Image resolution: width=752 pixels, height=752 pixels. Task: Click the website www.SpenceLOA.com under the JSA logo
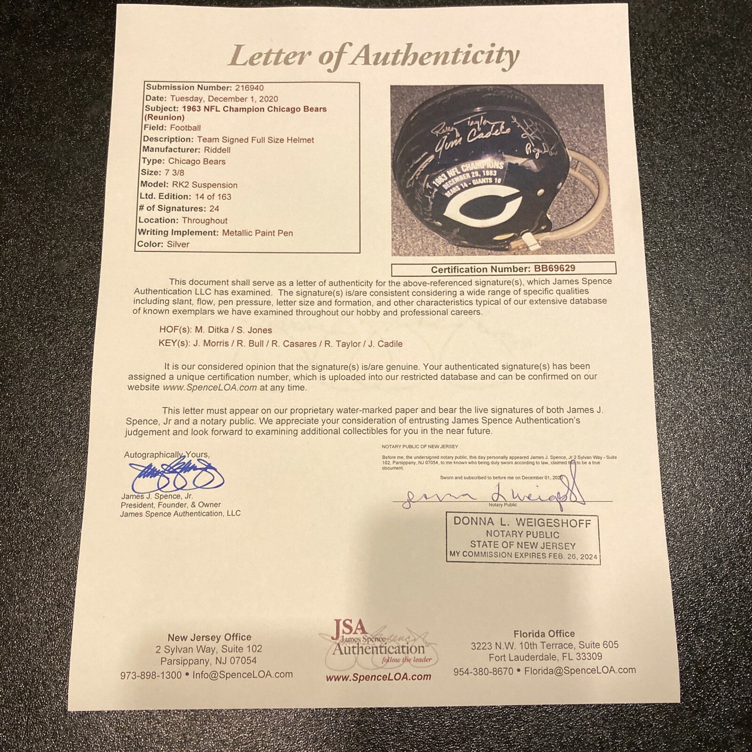point(378,677)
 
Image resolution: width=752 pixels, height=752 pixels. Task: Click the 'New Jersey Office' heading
point(210,637)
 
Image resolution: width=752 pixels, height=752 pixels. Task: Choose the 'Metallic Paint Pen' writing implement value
point(258,233)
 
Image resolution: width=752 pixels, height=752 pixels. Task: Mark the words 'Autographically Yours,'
point(167,455)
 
